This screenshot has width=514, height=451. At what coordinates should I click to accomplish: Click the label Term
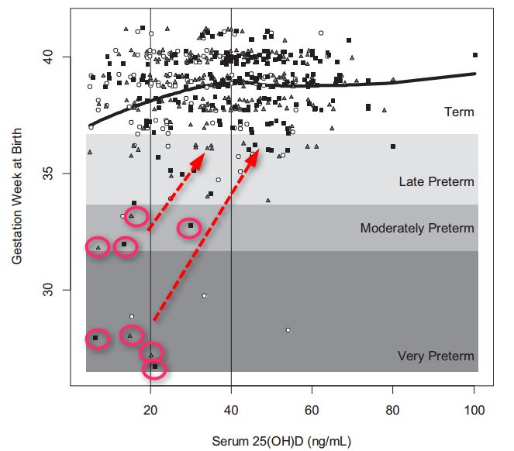(459, 112)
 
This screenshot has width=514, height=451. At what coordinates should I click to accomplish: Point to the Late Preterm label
(436, 182)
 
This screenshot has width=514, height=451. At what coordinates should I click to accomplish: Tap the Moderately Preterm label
(417, 229)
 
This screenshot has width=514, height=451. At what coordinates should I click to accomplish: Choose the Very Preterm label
(436, 356)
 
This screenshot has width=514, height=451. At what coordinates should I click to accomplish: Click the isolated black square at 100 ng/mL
(474, 55)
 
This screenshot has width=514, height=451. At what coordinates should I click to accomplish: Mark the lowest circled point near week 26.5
(155, 367)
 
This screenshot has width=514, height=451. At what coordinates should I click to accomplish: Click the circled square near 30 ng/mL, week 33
(191, 225)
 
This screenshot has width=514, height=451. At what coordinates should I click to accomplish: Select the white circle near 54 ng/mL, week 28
(288, 330)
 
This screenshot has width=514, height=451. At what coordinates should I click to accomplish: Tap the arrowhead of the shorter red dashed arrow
(202, 155)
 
